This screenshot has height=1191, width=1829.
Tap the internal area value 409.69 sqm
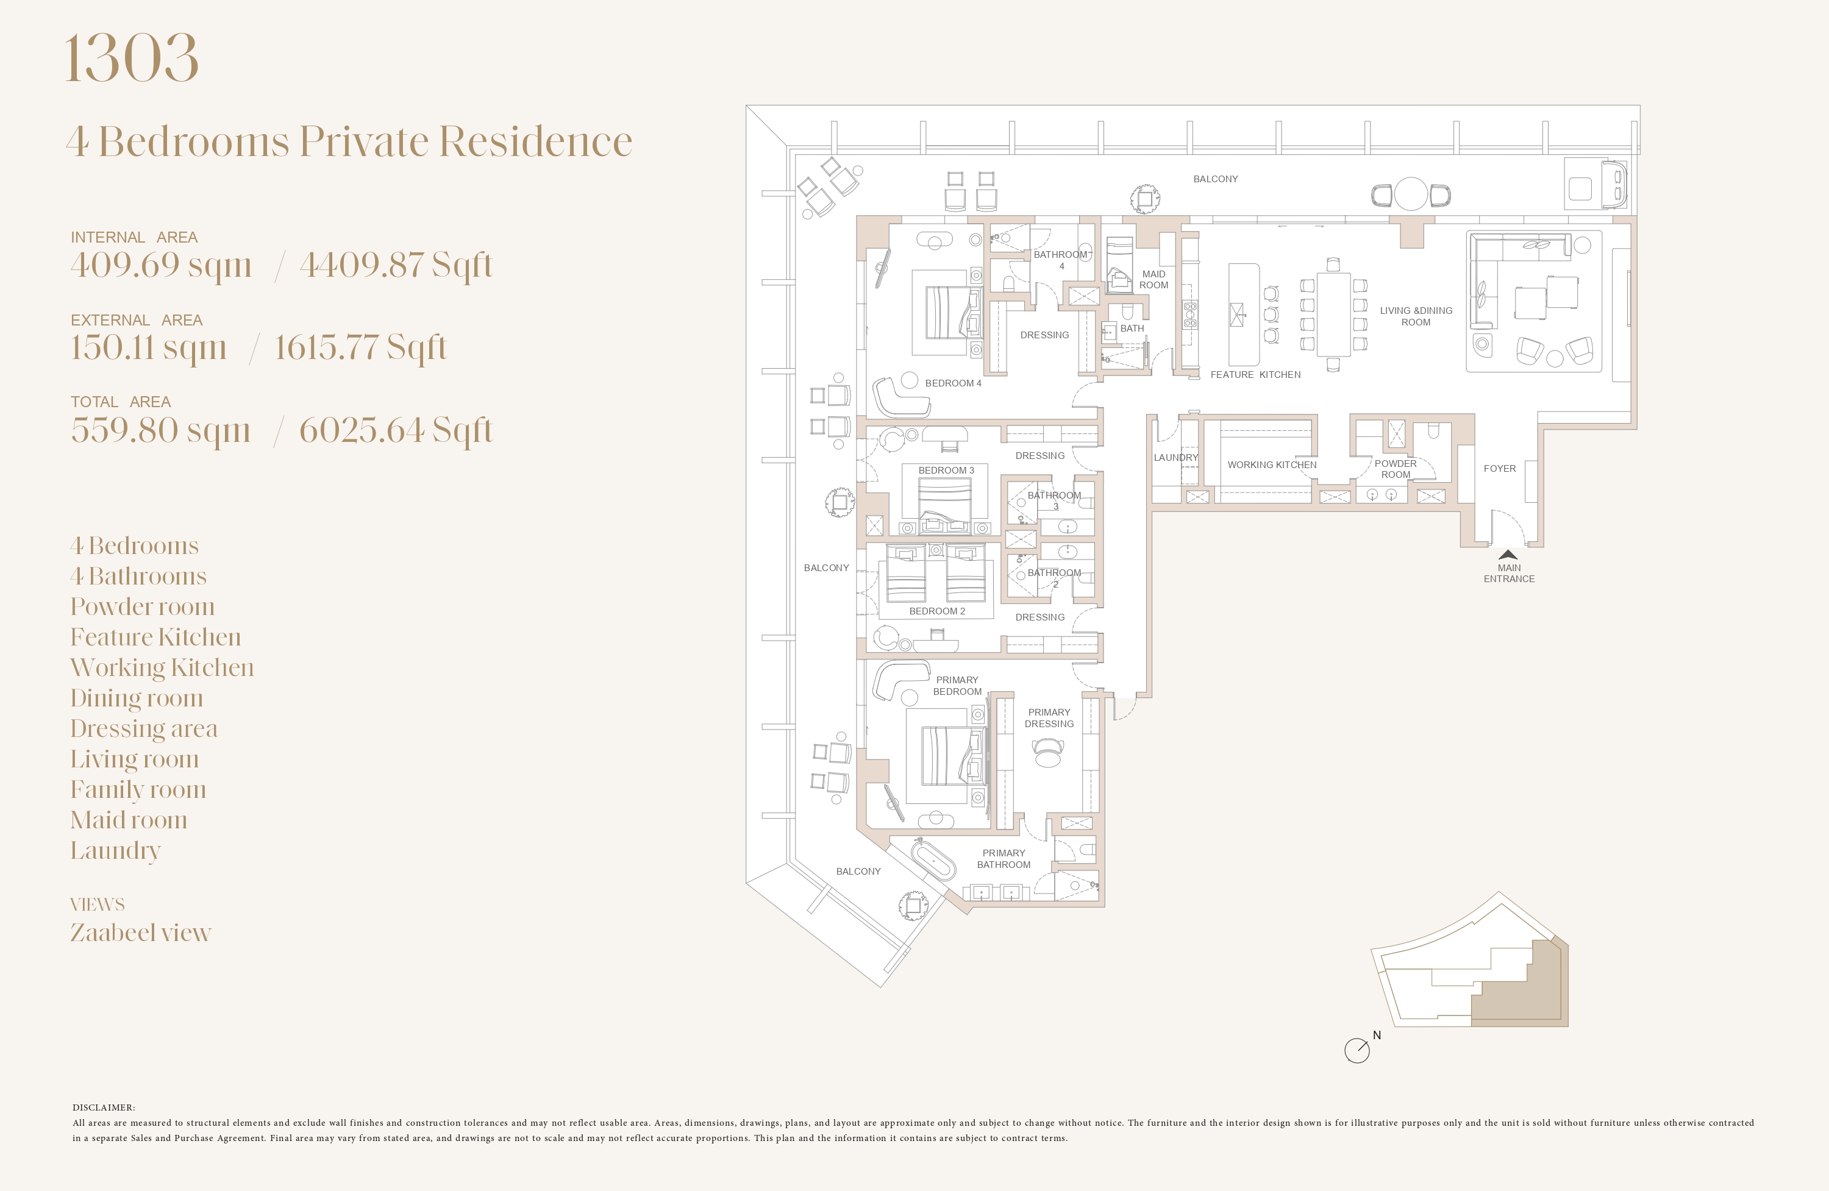pyautogui.click(x=162, y=265)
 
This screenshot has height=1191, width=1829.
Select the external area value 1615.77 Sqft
pyautogui.click(x=360, y=347)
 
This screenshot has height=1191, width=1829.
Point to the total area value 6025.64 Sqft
pyautogui.click(x=396, y=430)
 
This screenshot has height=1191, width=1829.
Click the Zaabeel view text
pyautogui.click(x=141, y=933)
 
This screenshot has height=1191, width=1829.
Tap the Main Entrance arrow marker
pyautogui.click(x=1508, y=554)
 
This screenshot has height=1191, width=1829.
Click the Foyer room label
pyautogui.click(x=1499, y=468)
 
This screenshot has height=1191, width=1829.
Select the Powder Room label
pyautogui.click(x=1396, y=469)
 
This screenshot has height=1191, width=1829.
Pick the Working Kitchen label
pyautogui.click(x=1272, y=465)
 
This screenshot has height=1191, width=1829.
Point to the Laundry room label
pyautogui.click(x=1176, y=457)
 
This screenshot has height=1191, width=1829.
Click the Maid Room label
pyautogui.click(x=1153, y=280)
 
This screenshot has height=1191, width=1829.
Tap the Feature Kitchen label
pyautogui.click(x=1256, y=375)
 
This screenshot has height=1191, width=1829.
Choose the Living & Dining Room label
pyautogui.click(x=1416, y=316)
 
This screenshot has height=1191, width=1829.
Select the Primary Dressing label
pyautogui.click(x=1049, y=717)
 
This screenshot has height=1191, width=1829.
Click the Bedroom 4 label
pyautogui.click(x=953, y=383)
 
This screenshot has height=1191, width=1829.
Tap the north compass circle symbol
pyautogui.click(x=1357, y=1050)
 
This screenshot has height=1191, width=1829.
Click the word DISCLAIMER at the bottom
pyautogui.click(x=104, y=1107)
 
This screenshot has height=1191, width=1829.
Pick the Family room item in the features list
pyautogui.click(x=138, y=789)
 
